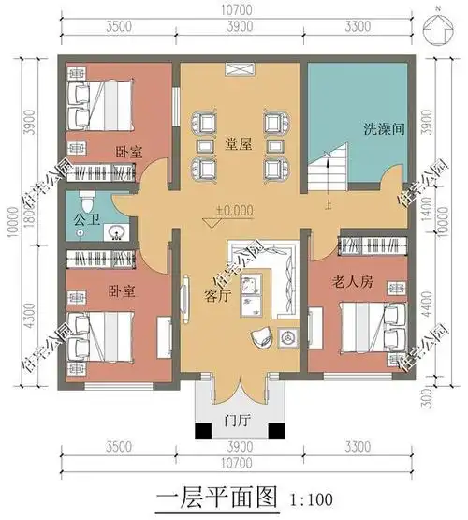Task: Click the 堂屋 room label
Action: point(236,143)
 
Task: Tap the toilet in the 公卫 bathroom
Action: point(87,200)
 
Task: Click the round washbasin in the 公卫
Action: point(117,230)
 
